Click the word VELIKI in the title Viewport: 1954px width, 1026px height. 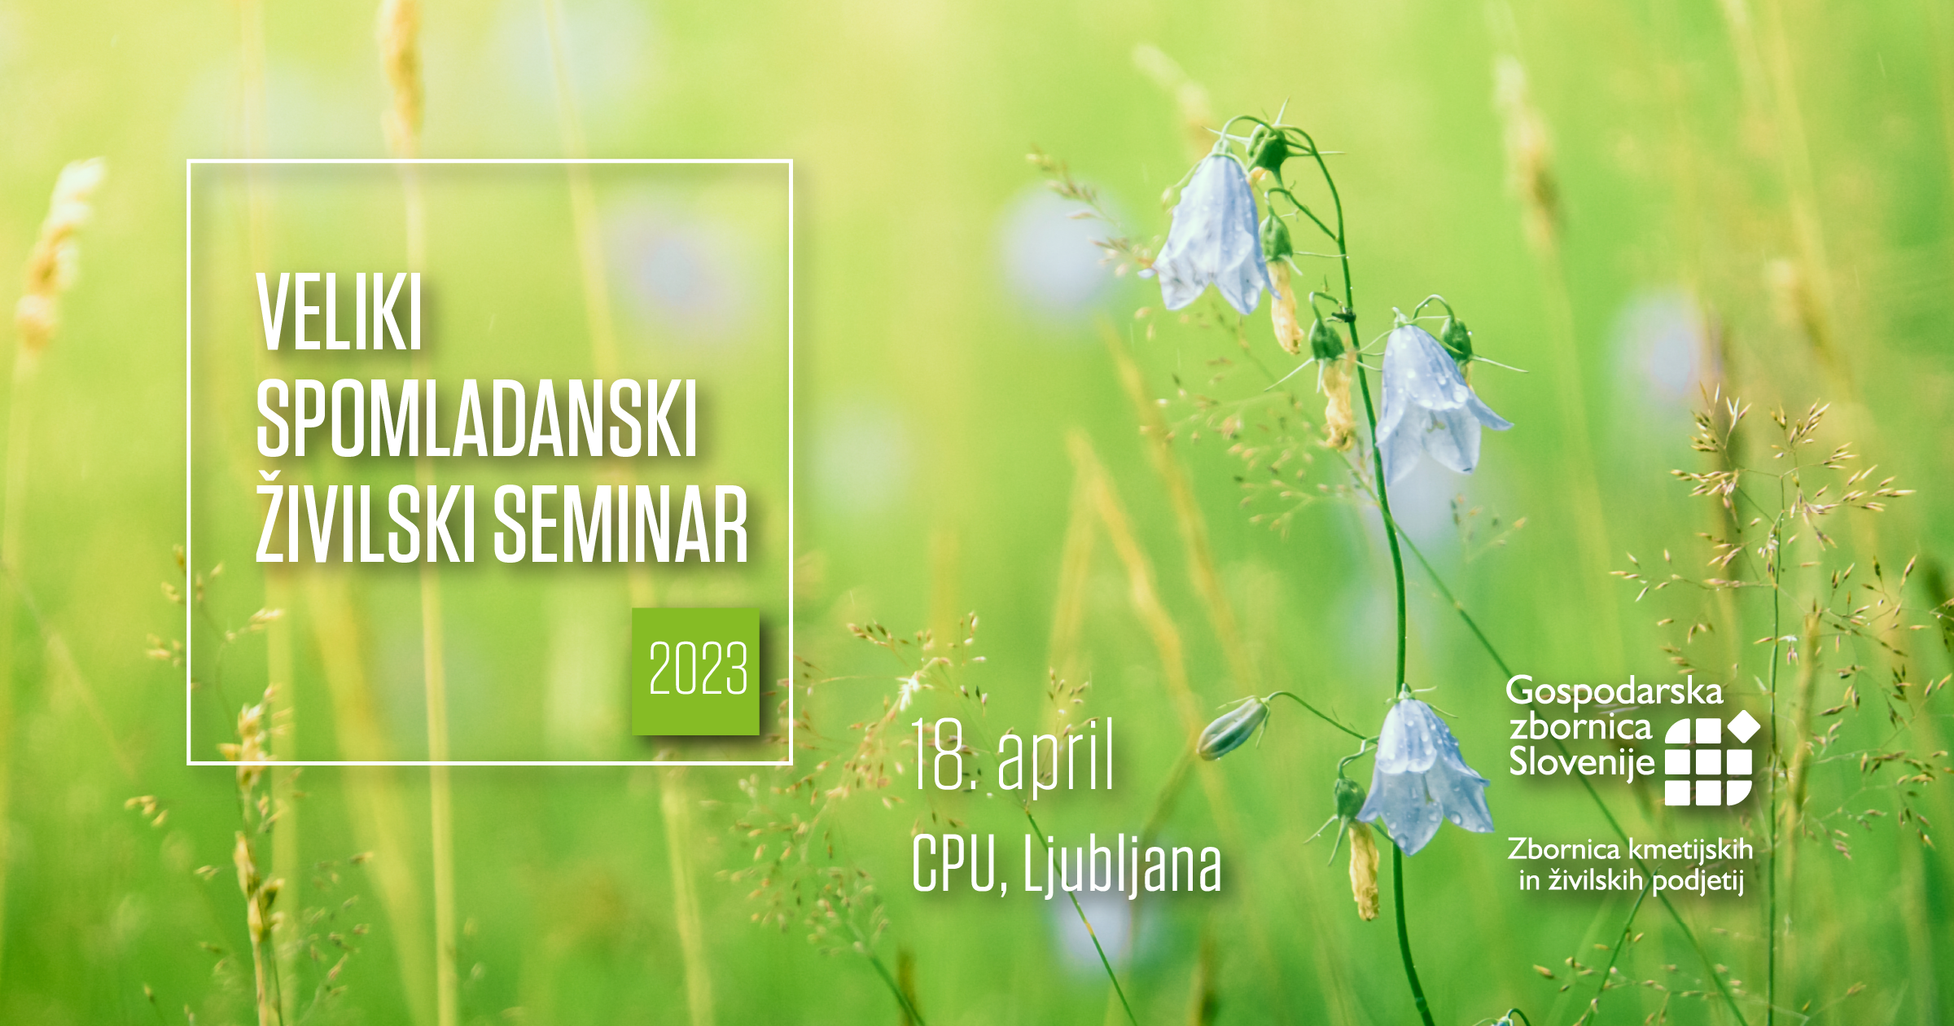pyautogui.click(x=340, y=313)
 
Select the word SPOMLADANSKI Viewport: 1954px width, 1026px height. pyautogui.click(x=477, y=419)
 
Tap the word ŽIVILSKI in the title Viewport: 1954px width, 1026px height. pyautogui.click(x=366, y=518)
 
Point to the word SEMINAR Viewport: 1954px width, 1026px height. pyautogui.click(x=621, y=524)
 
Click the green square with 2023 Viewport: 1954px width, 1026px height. pyautogui.click(x=696, y=671)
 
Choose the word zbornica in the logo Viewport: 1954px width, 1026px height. pyautogui.click(x=1580, y=726)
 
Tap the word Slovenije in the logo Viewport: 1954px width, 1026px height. pyautogui.click(x=1582, y=762)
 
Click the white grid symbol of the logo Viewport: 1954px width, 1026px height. pyautogui.click(x=1710, y=759)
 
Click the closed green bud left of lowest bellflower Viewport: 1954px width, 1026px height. pyautogui.click(x=1232, y=728)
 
